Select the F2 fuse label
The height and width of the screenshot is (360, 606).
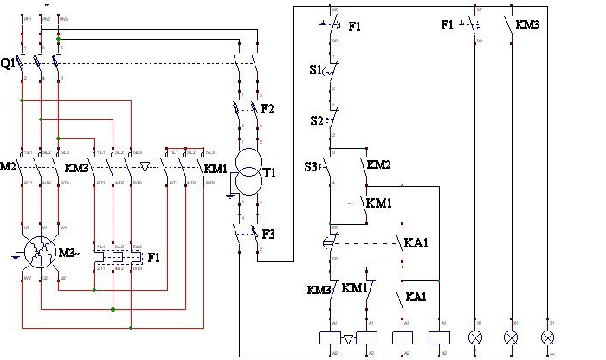click(268, 109)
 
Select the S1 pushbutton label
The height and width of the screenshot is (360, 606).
click(315, 69)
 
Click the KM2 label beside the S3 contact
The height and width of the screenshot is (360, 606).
click(378, 164)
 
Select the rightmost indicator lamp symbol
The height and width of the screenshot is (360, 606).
click(547, 337)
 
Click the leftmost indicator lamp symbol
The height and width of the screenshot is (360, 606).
click(474, 337)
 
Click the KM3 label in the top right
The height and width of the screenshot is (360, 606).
click(527, 25)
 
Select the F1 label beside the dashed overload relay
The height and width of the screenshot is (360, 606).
click(154, 257)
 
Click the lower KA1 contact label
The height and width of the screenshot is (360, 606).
click(416, 297)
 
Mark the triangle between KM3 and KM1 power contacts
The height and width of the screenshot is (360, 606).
click(145, 165)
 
